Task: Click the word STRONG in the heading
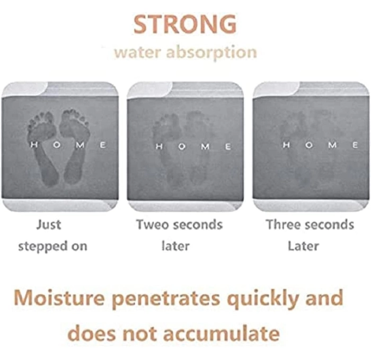[185, 24]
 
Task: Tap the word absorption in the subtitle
[211, 53]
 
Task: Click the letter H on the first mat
[34, 144]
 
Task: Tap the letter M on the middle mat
[205, 146]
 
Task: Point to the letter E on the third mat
[355, 145]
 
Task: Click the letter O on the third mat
[308, 145]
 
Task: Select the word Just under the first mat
[49, 224]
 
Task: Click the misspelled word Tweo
[153, 224]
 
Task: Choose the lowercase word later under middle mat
[175, 245]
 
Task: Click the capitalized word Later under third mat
[303, 245]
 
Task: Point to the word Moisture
[59, 297]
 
